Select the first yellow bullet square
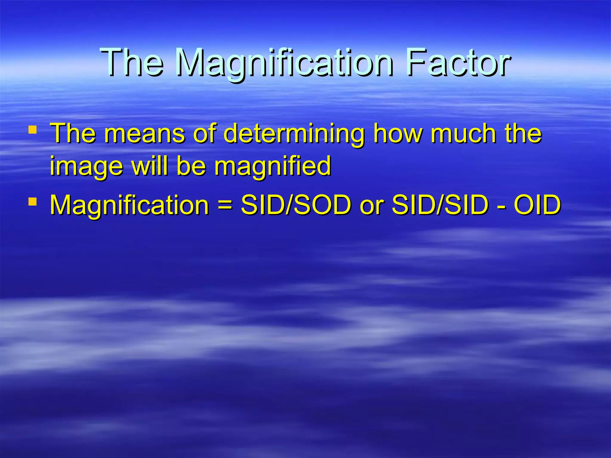click(33, 130)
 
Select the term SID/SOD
click(296, 205)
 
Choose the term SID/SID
click(440, 205)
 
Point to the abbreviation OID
click(537, 205)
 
